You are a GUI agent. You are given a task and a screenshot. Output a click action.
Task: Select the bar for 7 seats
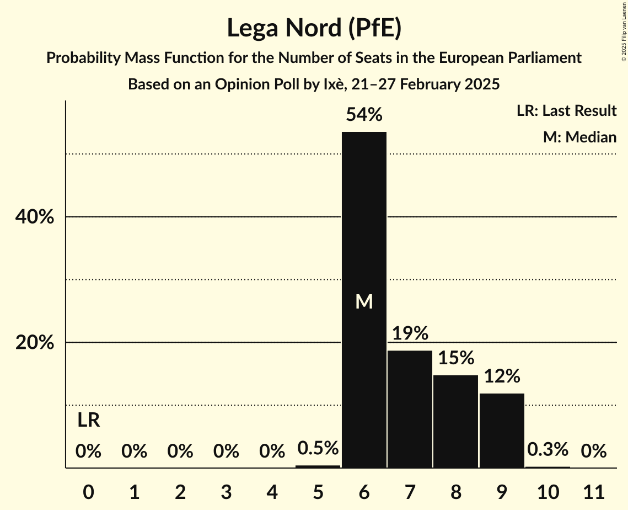click(x=410, y=409)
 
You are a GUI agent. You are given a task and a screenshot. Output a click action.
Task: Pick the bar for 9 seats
click(x=502, y=431)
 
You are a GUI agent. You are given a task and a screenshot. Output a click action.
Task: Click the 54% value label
click(x=364, y=115)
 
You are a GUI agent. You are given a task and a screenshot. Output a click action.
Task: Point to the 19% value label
click(x=410, y=333)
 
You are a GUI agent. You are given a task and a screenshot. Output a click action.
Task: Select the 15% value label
click(x=455, y=358)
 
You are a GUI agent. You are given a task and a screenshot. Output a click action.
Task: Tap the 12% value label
click(x=502, y=376)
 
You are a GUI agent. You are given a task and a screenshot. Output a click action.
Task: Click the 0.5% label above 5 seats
click(x=318, y=448)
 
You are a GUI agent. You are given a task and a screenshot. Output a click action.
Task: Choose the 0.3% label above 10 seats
click(x=548, y=450)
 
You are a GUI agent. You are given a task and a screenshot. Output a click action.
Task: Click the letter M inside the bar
click(x=364, y=301)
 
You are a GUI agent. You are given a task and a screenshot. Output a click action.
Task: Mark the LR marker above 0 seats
click(x=88, y=421)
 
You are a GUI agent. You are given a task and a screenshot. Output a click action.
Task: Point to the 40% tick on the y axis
click(x=35, y=217)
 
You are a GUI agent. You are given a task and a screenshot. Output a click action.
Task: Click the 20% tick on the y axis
click(x=35, y=343)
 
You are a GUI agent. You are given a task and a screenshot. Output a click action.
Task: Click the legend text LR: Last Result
click(x=566, y=111)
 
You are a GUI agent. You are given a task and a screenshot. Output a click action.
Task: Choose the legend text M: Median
click(x=579, y=137)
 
